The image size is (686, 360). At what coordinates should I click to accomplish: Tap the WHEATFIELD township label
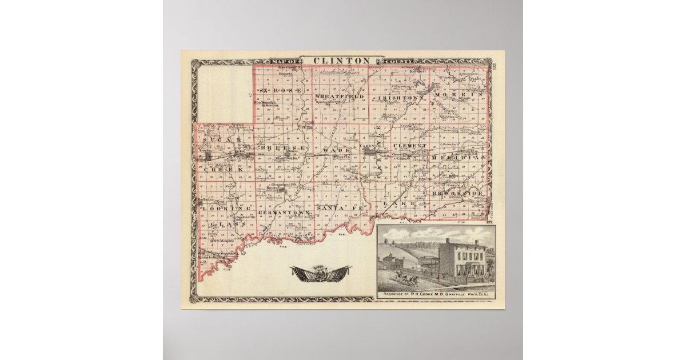[340, 97]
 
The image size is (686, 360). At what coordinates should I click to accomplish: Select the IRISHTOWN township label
[400, 98]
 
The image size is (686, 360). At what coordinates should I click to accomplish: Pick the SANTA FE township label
[339, 209]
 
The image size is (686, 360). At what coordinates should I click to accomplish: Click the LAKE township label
[394, 203]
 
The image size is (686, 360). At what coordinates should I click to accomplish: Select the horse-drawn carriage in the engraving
[405, 279]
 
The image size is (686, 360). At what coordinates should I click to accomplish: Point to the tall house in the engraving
[462, 261]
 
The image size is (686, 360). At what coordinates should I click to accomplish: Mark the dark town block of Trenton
[210, 155]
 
